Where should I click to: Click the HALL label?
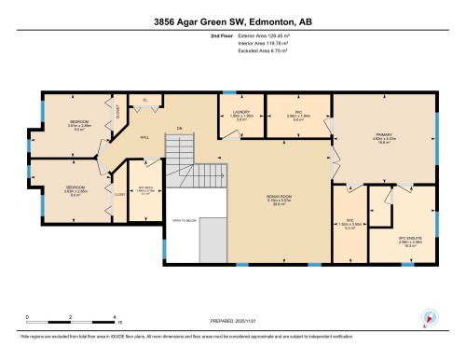[x=145, y=137]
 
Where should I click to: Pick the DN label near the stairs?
[x=179, y=128]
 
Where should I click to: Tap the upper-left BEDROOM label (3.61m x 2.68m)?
[x=79, y=122]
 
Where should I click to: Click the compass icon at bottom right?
[x=429, y=318]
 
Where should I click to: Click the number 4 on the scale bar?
[x=114, y=318]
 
